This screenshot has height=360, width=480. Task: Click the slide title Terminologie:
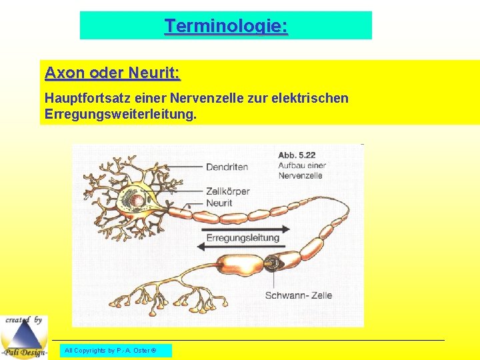[x=226, y=26]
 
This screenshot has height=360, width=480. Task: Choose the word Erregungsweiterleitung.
[x=120, y=115]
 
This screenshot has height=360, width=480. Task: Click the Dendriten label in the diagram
[x=227, y=167]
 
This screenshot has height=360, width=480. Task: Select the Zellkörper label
[x=227, y=191]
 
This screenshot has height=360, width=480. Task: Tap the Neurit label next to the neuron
[x=219, y=203]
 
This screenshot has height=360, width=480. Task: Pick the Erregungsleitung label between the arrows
[x=243, y=238]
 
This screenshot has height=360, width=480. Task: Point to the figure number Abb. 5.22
[x=297, y=155]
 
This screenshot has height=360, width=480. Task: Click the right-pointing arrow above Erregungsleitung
[x=240, y=228]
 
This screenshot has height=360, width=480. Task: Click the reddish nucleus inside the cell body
[x=137, y=199]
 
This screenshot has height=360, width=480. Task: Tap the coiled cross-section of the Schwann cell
[x=271, y=263]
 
